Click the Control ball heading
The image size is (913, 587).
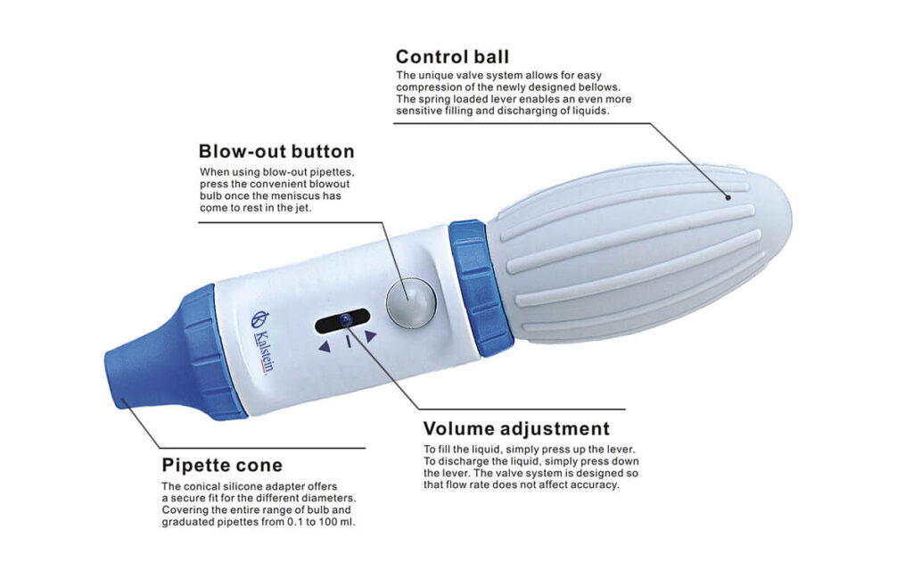[x=452, y=57]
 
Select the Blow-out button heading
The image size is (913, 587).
[x=276, y=152]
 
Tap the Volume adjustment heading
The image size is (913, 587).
[x=516, y=429]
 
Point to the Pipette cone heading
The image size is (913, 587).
[x=222, y=466]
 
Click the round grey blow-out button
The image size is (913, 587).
[x=411, y=302]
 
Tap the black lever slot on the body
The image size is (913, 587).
[x=342, y=321]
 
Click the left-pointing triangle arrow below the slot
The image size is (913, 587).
[x=325, y=347]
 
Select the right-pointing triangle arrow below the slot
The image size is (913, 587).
[x=370, y=336]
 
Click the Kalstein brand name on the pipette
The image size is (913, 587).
[x=264, y=353]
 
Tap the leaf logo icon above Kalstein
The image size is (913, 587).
[x=259, y=319]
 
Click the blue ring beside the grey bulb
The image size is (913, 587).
[x=479, y=288]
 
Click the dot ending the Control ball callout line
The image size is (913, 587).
[x=728, y=197]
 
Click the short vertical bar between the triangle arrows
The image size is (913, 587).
[x=349, y=342]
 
